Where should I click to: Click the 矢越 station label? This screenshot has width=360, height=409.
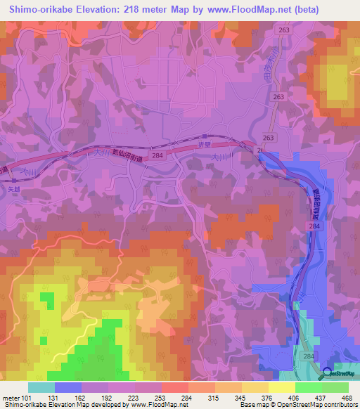point(15,190)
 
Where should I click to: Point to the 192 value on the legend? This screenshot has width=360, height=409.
point(113,397)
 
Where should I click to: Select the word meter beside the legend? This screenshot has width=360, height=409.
point(12,397)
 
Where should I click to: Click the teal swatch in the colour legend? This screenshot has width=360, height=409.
point(41,387)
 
